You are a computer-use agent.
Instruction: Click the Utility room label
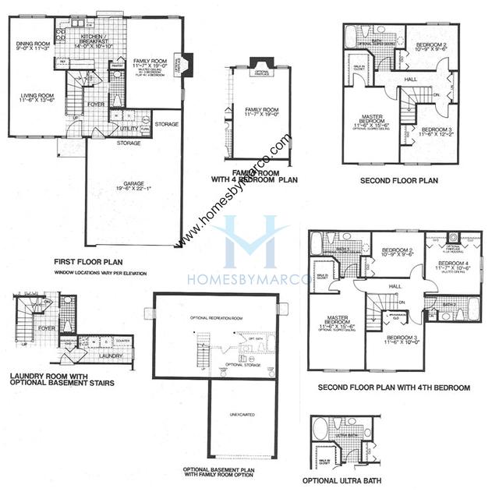coord(129,129)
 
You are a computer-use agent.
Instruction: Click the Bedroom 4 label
coord(454,267)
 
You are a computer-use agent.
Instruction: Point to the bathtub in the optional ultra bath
coord(320,430)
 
